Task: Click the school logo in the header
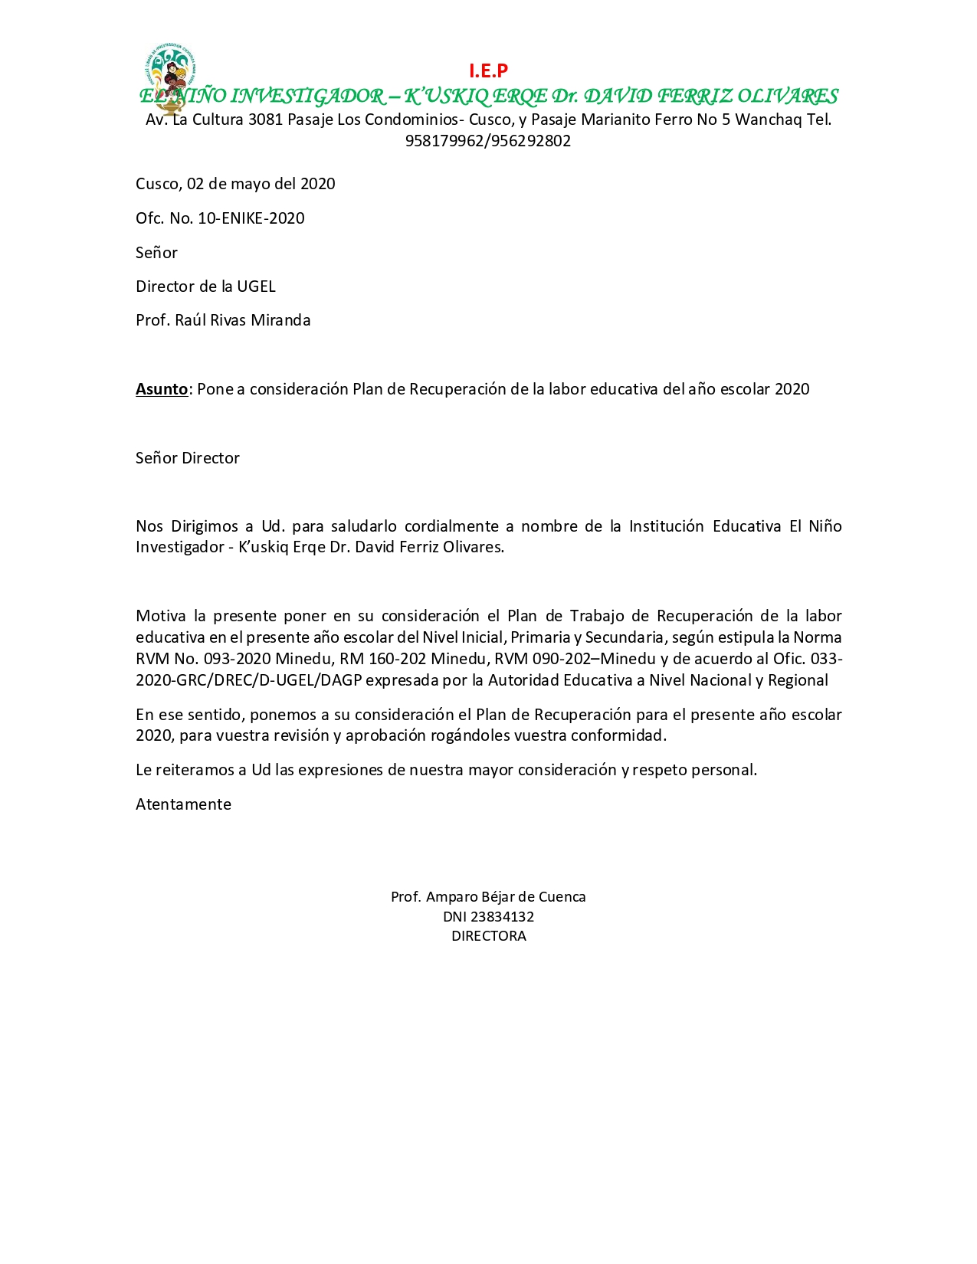tap(170, 74)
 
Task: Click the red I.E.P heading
tap(488, 71)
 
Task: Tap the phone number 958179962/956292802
tap(488, 141)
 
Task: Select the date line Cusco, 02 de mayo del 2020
tap(235, 184)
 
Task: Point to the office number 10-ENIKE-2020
tap(251, 218)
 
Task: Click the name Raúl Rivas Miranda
tap(242, 320)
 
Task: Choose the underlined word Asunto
tap(162, 389)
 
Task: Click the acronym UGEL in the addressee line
tap(256, 287)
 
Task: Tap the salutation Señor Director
tap(188, 458)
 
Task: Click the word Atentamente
tap(183, 804)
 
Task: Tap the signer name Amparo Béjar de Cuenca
tap(506, 897)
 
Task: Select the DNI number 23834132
tap(503, 917)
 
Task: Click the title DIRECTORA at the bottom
tap(488, 936)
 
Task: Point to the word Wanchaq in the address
tap(768, 120)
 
